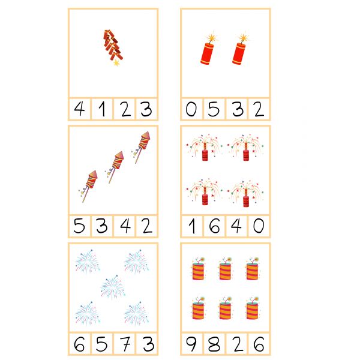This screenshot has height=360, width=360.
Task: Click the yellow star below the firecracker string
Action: click(x=116, y=62)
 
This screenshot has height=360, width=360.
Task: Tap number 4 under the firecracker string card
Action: click(x=79, y=109)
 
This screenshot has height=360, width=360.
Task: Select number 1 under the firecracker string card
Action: click(x=103, y=109)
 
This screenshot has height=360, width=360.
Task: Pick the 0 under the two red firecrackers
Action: click(x=191, y=109)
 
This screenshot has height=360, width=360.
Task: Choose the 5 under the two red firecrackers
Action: click(x=214, y=109)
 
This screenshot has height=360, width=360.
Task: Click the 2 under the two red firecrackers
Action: click(x=259, y=109)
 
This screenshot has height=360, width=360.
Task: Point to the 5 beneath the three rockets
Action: click(x=79, y=226)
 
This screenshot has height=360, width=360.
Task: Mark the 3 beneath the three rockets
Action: click(x=102, y=226)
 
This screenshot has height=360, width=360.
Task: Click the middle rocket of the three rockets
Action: click(x=115, y=167)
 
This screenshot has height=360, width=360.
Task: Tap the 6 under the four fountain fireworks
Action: click(x=214, y=226)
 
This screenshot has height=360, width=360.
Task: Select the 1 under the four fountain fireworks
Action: click(x=193, y=226)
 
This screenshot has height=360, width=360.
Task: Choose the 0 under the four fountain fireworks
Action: click(x=259, y=226)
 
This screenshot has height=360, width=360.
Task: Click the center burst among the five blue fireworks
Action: click(x=113, y=287)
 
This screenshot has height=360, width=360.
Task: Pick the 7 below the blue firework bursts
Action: click(x=125, y=344)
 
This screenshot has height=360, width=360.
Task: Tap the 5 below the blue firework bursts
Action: click(x=102, y=344)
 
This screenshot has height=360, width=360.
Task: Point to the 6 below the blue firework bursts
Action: click(x=79, y=344)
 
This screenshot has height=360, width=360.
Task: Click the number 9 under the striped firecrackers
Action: click(x=191, y=344)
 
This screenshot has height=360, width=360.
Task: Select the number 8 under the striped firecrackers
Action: click(x=214, y=344)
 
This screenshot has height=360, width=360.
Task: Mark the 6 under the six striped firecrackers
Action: click(x=259, y=344)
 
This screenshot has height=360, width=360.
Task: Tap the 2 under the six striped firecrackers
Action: click(x=238, y=344)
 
